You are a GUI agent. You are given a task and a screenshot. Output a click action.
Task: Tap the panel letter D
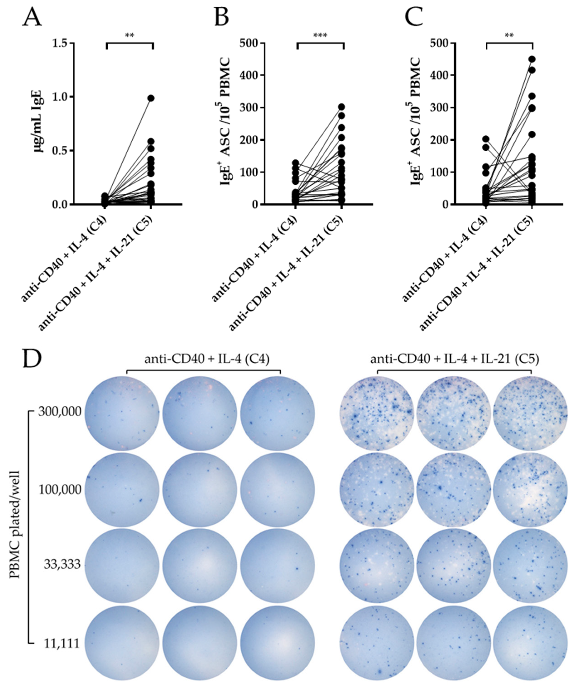point(32,359)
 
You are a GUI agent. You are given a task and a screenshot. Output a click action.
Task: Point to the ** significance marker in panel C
point(509,35)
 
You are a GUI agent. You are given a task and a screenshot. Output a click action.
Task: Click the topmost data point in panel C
point(532,59)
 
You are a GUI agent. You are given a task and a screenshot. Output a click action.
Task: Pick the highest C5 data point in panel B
point(341,107)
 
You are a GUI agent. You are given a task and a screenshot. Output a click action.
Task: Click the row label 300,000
point(59,411)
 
